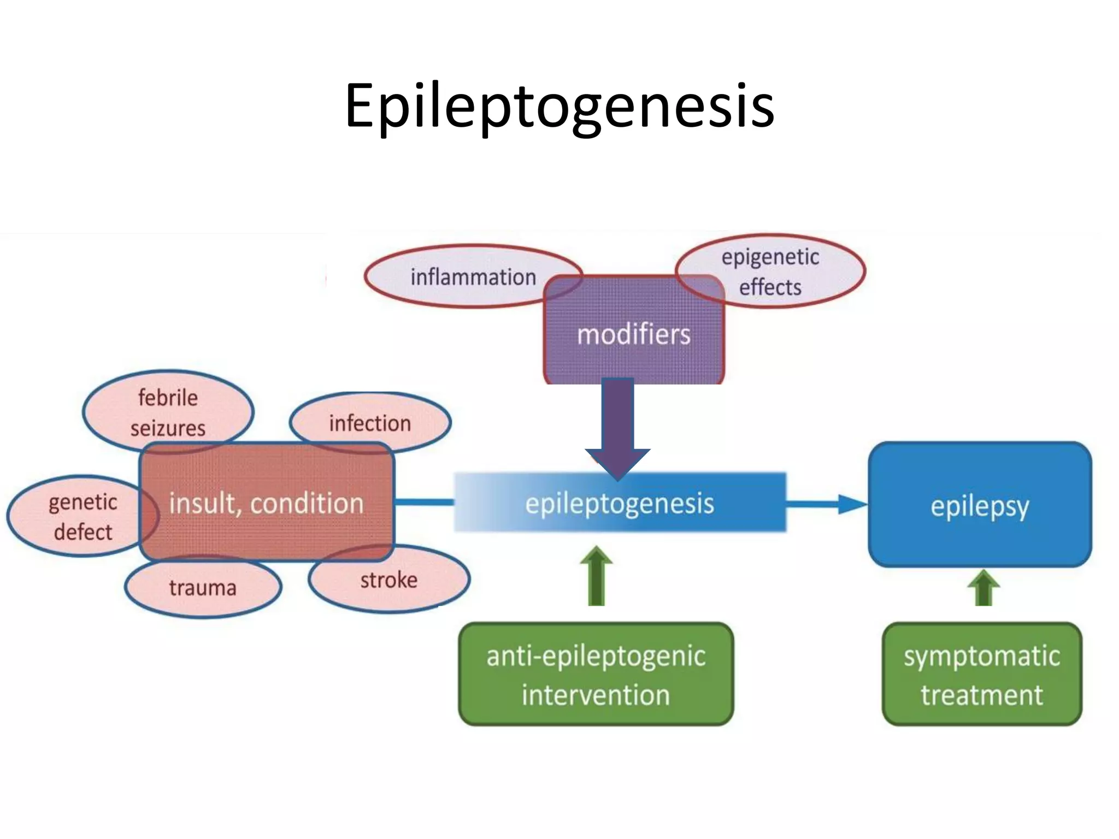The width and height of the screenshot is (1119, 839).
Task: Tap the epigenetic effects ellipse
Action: click(776, 271)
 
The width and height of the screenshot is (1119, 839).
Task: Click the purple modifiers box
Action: click(634, 334)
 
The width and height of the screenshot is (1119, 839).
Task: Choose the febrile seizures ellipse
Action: click(168, 410)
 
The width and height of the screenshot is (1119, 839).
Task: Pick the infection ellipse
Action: click(370, 422)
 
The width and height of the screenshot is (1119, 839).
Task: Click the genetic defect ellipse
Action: click(76, 516)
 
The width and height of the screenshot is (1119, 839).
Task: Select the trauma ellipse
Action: click(203, 588)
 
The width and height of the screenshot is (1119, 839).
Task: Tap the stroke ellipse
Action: click(389, 580)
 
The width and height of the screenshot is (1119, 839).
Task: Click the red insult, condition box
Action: click(267, 503)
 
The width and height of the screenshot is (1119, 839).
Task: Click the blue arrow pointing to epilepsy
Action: click(825, 504)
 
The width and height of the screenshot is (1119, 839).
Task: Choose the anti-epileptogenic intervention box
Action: click(596, 674)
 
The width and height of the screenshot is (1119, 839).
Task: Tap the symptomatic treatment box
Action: click(982, 674)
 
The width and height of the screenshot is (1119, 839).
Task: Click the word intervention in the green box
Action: click(596, 695)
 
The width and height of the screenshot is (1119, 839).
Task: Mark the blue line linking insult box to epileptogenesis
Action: click(423, 502)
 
